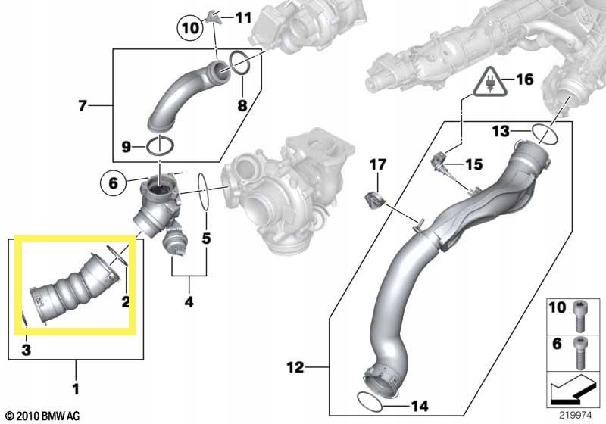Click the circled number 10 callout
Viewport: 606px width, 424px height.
click(190, 28)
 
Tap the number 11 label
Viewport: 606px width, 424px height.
click(243, 17)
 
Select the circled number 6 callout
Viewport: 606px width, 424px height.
click(113, 182)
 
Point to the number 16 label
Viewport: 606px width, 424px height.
click(525, 79)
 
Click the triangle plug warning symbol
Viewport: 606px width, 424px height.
click(490, 83)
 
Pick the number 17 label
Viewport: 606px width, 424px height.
click(377, 164)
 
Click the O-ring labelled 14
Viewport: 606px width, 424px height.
click(370, 401)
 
